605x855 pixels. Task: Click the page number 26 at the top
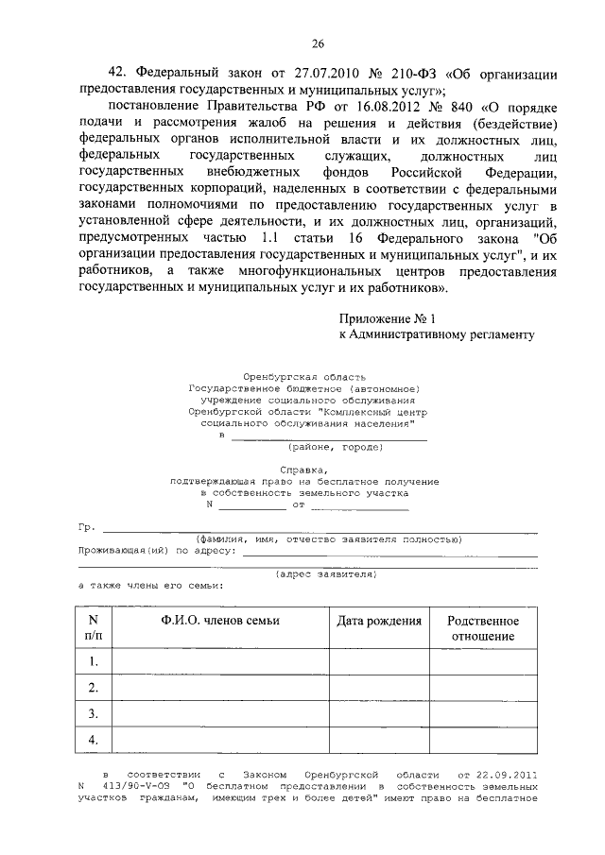point(318,43)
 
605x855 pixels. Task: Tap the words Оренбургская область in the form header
point(303,377)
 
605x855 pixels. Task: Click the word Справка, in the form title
point(303,470)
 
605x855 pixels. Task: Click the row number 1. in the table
point(94,661)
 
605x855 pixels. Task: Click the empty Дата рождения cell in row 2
point(379,687)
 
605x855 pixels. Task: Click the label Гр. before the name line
point(86,526)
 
